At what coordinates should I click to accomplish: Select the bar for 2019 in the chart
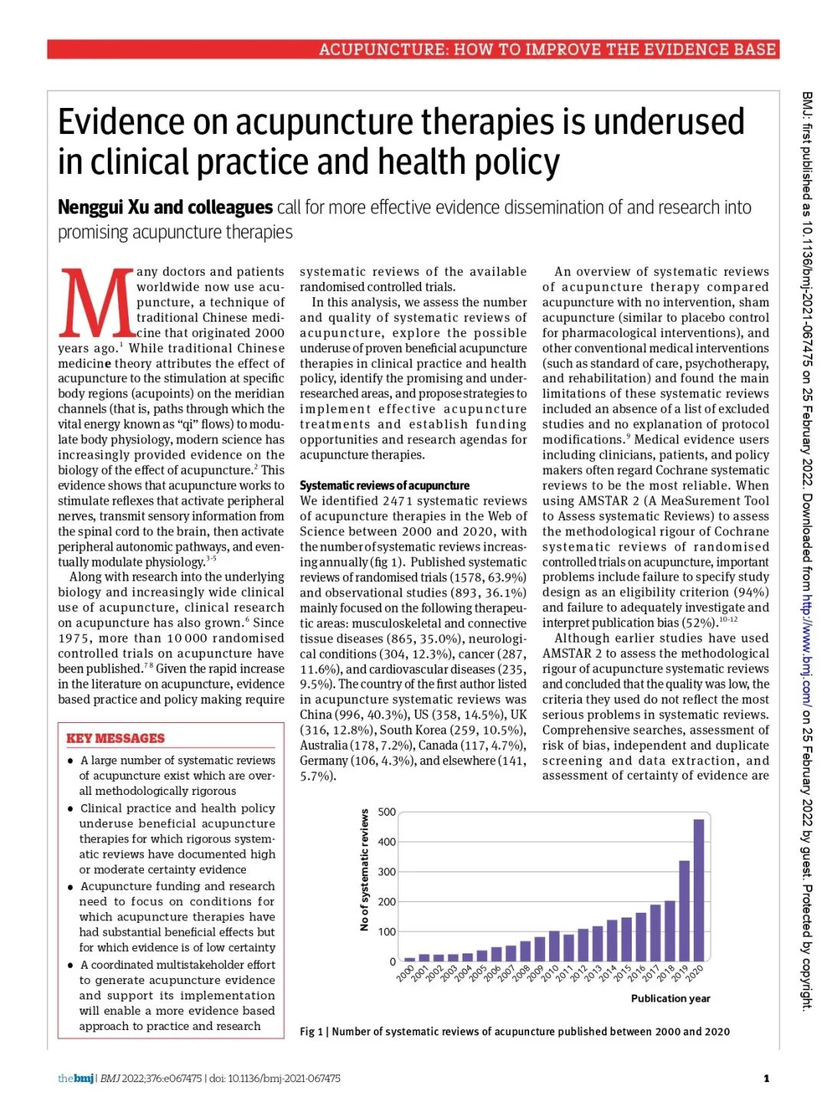pos(684,911)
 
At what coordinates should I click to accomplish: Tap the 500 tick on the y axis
pos(387,812)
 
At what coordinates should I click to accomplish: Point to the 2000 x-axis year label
pos(406,973)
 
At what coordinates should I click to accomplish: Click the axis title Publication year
pos(670,999)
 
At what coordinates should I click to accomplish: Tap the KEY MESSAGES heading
pos(116,738)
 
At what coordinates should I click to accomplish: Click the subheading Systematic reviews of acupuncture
pos(384,486)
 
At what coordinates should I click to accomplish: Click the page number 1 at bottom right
pos(767,1078)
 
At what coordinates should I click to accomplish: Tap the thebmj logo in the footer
pos(76,1078)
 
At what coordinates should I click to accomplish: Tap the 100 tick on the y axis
pos(387,932)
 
